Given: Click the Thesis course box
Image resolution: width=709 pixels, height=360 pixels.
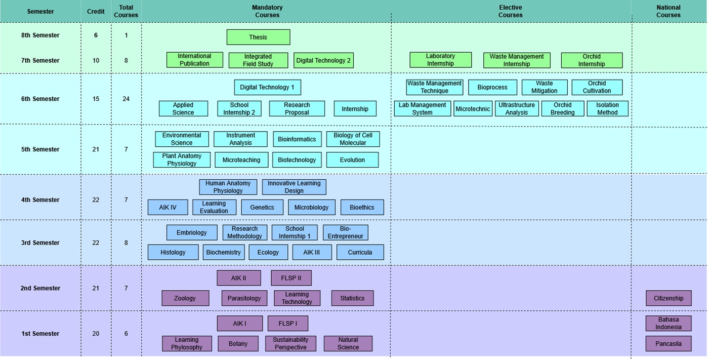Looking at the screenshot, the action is point(258,37).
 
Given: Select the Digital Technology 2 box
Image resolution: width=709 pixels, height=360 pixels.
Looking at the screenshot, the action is point(323,60).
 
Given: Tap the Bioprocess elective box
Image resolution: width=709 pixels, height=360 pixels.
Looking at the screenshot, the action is point(492,87).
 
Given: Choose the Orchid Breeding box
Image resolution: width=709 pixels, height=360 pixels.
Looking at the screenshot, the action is point(562,108).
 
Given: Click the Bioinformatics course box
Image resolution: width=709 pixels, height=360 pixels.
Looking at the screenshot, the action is point(297,139).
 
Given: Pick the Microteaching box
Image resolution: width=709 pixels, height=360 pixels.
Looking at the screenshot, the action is point(241,160).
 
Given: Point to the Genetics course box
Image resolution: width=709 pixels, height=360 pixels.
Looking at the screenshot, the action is point(262,208).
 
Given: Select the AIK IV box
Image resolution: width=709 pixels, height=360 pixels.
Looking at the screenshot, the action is point(168,208).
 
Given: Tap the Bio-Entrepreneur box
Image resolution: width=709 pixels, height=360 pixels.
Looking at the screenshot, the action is point(345,232).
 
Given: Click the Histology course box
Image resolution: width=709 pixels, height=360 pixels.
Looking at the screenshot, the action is point(173,252).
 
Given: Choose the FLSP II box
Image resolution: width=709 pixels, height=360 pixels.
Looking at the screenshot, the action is point(291,278).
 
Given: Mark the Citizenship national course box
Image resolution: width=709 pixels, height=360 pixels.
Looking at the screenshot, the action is point(669,298).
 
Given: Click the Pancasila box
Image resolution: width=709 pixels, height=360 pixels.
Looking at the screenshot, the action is point(669,343).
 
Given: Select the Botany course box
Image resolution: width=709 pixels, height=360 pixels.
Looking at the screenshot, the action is point(238,343).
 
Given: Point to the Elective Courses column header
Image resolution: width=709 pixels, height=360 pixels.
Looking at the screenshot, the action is point(510,11).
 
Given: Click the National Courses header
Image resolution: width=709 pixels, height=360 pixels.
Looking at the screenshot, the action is point(668,11).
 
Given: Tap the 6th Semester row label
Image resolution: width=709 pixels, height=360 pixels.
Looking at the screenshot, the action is point(40,99).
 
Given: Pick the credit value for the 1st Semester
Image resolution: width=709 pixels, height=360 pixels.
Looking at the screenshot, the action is point(96,334).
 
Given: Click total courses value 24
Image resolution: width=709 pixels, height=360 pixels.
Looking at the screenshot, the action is point(126,99).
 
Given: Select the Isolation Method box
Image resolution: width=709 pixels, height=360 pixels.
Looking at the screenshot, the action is point(607,108).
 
